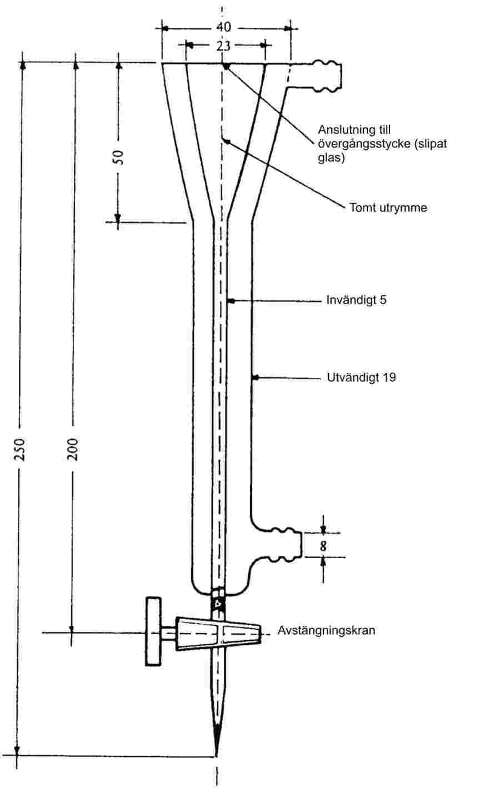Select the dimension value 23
[x=223, y=46]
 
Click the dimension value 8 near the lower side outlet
[x=323, y=545]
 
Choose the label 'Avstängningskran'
[x=322, y=631]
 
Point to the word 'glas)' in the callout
[x=329, y=158]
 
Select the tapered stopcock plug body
[x=218, y=633]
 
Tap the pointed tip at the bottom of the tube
[x=216, y=752]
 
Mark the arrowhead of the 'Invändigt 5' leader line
[x=231, y=301]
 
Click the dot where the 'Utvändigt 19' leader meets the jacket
[x=255, y=378]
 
